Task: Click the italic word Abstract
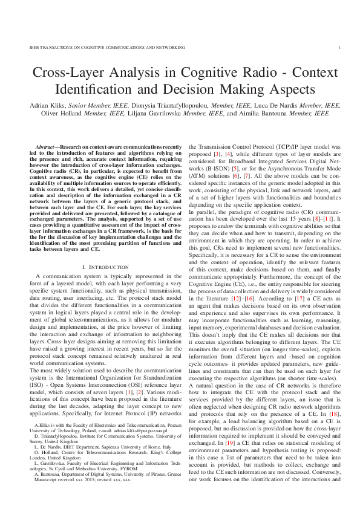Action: [x=47, y=148]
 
